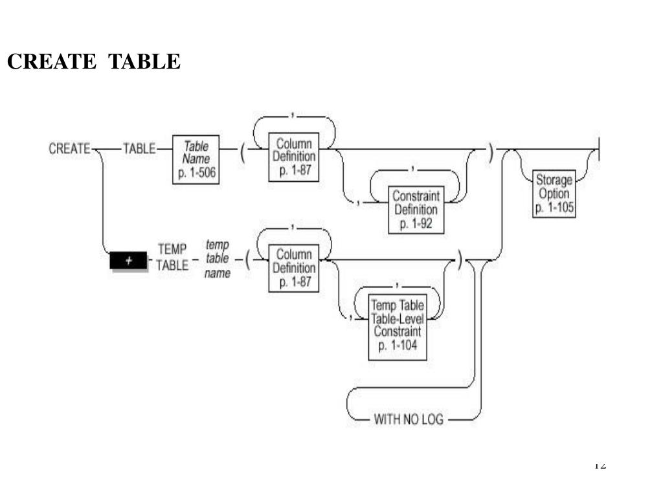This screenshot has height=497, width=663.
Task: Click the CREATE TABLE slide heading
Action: [94, 61]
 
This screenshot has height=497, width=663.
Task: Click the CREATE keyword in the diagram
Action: [69, 149]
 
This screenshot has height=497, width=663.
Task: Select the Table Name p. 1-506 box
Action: [196, 159]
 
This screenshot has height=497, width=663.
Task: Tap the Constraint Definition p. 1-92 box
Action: [416, 210]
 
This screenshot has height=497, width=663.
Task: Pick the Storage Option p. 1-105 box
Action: [554, 193]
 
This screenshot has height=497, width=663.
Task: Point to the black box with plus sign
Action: [129, 260]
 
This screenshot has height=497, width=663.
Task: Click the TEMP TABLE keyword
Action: [172, 258]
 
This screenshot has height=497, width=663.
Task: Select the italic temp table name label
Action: [218, 259]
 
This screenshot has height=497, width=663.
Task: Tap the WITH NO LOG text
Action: [409, 419]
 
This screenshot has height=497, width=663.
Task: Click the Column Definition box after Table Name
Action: [295, 157]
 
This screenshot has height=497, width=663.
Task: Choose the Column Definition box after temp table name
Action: [295, 268]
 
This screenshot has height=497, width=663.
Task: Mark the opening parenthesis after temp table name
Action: [247, 260]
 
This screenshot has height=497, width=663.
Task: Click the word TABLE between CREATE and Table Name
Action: [139, 149]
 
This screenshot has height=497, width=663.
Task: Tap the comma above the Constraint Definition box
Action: [414, 169]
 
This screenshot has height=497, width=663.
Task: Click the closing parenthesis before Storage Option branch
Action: [491, 153]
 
